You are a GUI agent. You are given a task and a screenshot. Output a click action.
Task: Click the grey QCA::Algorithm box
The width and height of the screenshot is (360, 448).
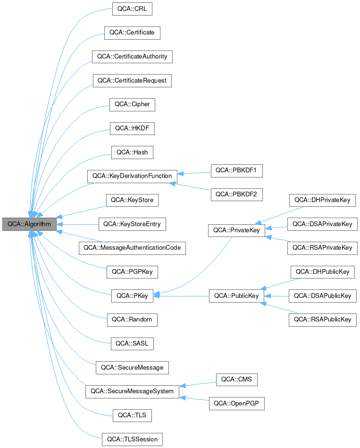(29, 224)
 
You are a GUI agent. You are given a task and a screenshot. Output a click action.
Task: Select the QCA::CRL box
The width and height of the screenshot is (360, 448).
(132, 9)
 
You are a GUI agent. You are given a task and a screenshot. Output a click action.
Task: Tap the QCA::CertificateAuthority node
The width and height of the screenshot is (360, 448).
(132, 57)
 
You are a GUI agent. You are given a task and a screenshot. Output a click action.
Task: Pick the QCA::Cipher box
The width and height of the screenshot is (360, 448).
(132, 104)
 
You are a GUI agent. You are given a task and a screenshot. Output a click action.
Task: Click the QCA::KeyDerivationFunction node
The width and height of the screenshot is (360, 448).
(132, 176)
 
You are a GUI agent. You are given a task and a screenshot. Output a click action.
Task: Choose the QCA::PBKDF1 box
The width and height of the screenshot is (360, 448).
(236, 170)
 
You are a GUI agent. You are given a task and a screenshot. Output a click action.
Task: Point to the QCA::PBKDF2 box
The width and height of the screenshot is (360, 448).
(236, 194)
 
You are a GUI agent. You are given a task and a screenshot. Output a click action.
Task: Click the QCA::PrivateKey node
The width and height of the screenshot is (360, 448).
(236, 230)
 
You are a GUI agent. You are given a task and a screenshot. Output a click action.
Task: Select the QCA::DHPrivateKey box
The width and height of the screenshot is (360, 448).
(322, 200)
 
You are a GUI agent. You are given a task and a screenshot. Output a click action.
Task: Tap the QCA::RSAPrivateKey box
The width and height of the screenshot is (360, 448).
(322, 247)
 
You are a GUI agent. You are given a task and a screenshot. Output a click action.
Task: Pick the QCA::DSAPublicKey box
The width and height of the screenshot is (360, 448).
(322, 296)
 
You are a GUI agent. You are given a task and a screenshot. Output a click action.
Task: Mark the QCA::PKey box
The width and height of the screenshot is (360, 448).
(132, 296)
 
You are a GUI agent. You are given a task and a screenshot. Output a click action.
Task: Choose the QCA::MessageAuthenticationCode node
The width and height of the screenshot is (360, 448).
(132, 248)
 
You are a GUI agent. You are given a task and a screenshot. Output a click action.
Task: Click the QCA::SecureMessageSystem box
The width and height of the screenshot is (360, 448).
(132, 391)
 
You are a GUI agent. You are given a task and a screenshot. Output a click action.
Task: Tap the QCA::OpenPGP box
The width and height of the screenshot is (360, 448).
(236, 404)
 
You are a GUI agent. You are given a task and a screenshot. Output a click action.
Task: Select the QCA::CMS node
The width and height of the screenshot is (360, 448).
(236, 379)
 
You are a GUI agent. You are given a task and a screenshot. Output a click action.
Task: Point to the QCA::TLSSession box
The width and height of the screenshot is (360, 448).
(132, 440)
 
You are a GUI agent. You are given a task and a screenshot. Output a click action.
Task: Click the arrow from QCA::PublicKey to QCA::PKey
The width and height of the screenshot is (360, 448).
(182, 296)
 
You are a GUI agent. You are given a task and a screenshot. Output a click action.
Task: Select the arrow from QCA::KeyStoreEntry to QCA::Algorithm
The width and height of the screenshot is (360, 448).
(77, 224)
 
